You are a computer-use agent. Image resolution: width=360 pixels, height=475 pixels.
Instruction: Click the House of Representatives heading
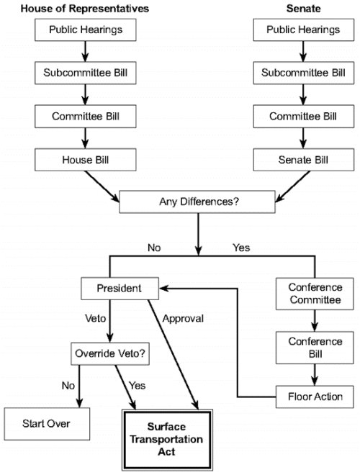pos(85,9)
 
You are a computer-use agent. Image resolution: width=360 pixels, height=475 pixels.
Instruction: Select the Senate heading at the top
pos(303,9)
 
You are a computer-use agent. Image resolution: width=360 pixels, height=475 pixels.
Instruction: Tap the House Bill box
pos(86,160)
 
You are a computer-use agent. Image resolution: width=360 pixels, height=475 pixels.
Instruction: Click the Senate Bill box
pos(304,160)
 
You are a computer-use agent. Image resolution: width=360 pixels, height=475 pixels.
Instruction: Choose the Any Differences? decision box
pos(197,202)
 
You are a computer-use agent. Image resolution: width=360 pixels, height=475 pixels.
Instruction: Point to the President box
pos(120,289)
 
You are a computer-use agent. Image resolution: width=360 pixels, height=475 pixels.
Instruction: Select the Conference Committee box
pos(315,294)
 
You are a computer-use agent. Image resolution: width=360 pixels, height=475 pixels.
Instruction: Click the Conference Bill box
pos(315,348)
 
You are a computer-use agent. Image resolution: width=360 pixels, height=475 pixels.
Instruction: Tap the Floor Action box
pos(315,397)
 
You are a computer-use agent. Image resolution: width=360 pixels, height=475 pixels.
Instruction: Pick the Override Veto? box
pos(110,353)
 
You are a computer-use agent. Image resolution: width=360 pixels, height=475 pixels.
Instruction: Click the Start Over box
pos(47,424)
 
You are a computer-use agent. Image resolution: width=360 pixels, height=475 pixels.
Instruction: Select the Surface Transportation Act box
pos(166,440)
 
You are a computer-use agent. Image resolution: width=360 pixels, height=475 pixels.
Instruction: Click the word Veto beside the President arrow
pos(96,319)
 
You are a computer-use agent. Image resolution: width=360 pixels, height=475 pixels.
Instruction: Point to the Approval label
pos(183,319)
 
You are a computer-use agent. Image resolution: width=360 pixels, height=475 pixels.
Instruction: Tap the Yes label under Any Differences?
pos(241,248)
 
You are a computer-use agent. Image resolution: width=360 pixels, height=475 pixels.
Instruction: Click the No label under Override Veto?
pos(68,386)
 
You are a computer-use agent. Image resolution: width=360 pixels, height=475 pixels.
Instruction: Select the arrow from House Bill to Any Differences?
pos(102,186)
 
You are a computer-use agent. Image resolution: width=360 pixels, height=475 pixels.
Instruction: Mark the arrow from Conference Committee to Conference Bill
pos(315,320)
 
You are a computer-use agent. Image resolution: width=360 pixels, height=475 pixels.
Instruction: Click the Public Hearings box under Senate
pos(304,30)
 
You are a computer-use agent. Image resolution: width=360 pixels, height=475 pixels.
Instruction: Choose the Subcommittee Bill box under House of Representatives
pos(86,73)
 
